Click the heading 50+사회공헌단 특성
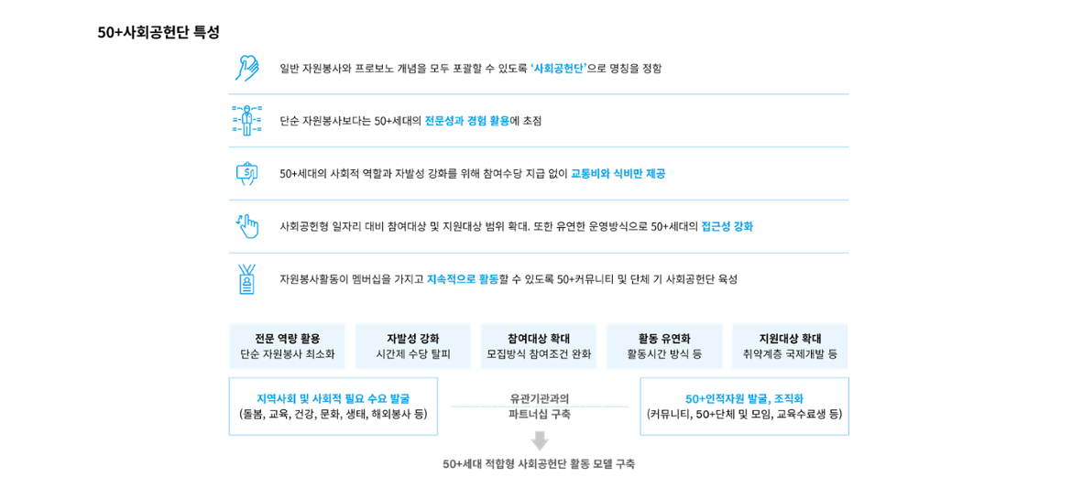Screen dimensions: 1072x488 tap(159, 32)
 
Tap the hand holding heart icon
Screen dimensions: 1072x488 tap(246, 69)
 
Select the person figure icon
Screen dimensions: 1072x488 tap(246, 121)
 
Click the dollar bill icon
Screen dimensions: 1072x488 tap(246, 173)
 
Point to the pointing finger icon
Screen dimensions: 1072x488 tap(247, 225)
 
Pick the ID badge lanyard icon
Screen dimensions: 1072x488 tap(246, 279)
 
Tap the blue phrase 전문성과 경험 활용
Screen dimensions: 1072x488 tap(467, 122)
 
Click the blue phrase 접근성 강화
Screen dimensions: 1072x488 tap(727, 227)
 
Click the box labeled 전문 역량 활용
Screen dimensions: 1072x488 tap(288, 346)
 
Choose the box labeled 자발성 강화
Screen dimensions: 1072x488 tap(413, 346)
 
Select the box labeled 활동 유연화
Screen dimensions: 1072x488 tap(664, 346)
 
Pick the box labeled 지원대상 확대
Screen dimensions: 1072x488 tap(791, 346)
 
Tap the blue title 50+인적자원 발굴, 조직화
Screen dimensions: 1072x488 tap(745, 399)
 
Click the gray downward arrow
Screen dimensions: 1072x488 tap(540, 441)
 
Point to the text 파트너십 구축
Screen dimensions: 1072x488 tap(540, 415)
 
